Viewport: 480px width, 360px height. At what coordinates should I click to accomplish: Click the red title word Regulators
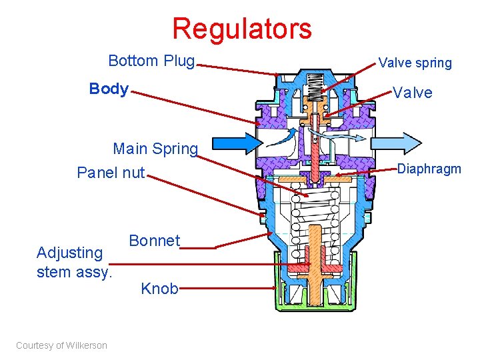click(x=241, y=29)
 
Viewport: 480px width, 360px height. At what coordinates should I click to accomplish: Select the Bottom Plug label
click(x=151, y=61)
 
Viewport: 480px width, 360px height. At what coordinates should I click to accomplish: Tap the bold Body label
click(x=109, y=89)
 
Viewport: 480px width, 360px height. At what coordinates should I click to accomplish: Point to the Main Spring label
click(x=155, y=148)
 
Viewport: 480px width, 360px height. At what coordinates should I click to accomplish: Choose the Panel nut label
click(x=111, y=173)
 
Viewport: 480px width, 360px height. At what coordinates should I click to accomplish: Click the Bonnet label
click(x=154, y=241)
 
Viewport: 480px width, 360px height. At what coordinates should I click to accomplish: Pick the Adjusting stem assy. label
click(x=75, y=262)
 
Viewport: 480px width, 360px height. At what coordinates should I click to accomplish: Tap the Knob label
click(x=159, y=289)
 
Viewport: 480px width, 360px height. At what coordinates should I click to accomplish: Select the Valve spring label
click(x=415, y=63)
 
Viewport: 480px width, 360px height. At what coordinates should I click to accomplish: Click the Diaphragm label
click(x=429, y=169)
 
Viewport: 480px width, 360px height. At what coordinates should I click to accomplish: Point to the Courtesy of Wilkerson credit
click(x=61, y=345)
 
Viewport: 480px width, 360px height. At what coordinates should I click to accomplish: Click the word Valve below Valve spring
click(x=412, y=93)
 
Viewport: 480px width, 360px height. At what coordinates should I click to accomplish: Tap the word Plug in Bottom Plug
click(x=178, y=61)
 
